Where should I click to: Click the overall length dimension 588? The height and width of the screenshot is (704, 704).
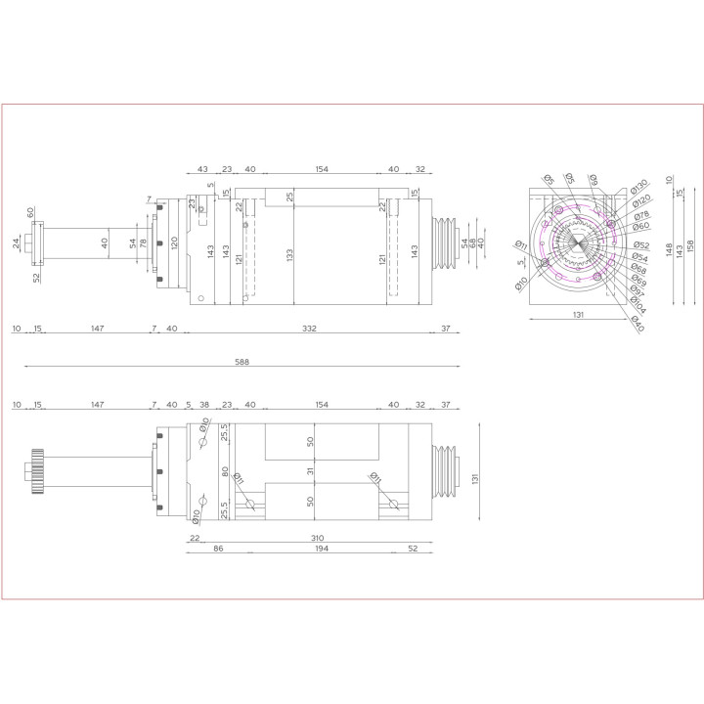(x=242, y=362)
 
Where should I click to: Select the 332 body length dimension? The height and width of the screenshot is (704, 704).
(x=309, y=329)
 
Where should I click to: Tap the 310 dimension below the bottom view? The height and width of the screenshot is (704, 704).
(x=317, y=538)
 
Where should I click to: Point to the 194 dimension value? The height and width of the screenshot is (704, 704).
(x=322, y=550)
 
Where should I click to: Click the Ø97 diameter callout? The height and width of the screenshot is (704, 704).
(x=637, y=295)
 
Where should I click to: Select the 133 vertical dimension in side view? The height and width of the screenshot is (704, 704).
(x=290, y=254)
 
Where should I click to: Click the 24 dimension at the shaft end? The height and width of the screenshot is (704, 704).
(x=17, y=242)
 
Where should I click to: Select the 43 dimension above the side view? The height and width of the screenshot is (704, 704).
(x=202, y=169)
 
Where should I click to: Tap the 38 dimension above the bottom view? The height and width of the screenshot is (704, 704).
(x=203, y=404)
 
